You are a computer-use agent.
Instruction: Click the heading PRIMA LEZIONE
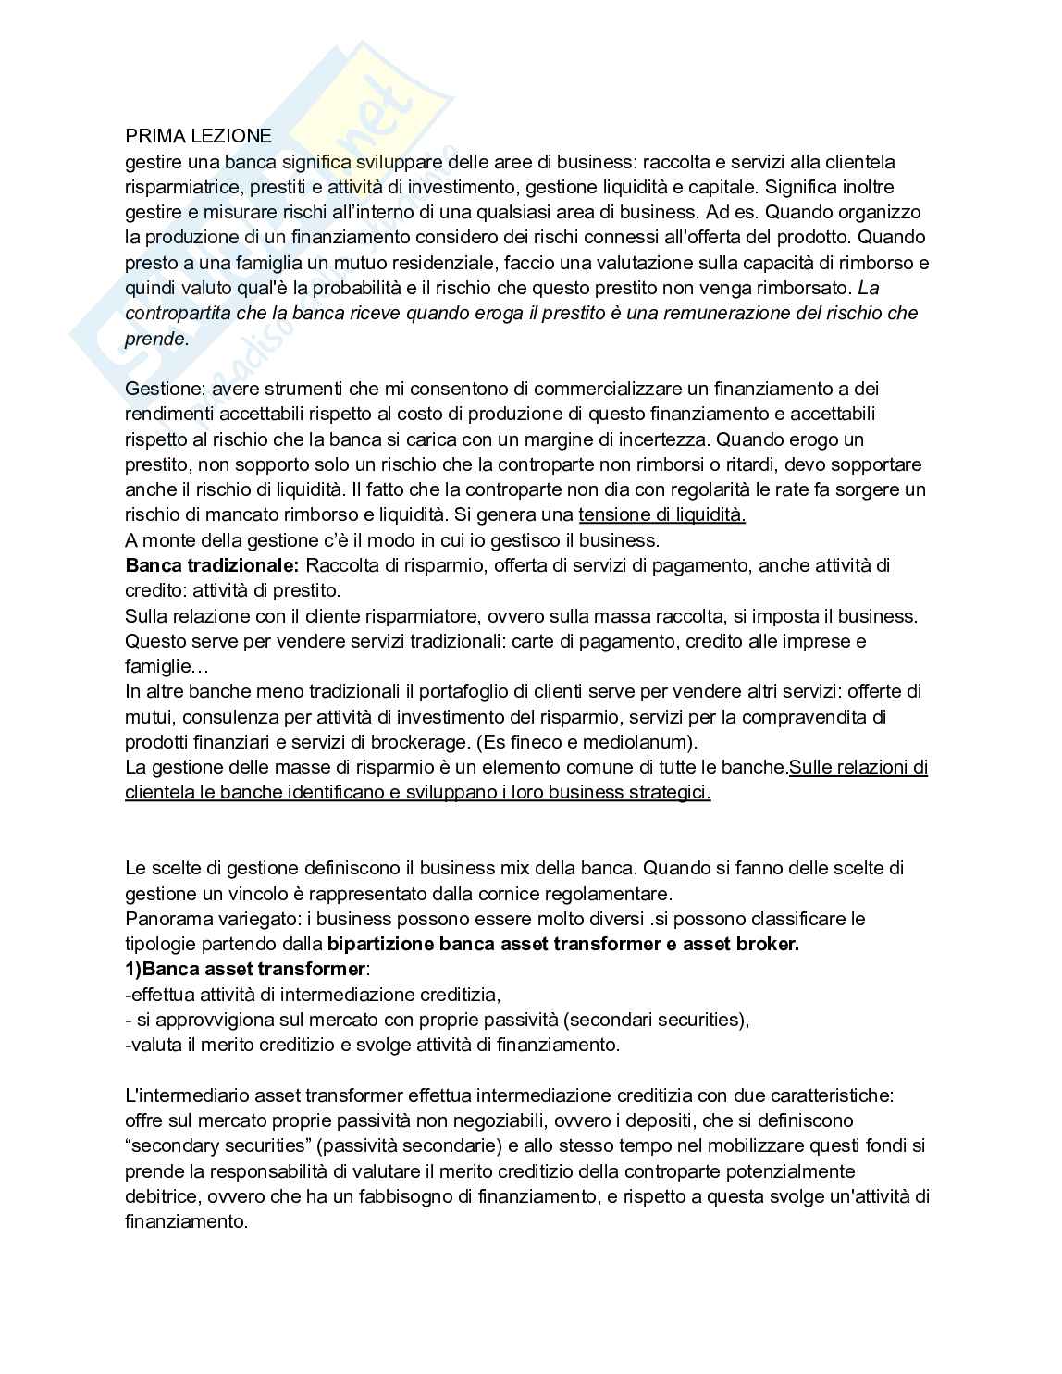pyautogui.click(x=198, y=136)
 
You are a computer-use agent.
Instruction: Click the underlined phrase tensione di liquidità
pyautogui.click(x=661, y=514)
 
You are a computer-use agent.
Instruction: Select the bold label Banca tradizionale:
pyautogui.click(x=212, y=565)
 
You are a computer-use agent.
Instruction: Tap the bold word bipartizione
pyautogui.click(x=380, y=944)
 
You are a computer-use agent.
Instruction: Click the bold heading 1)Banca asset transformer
pyautogui.click(x=245, y=969)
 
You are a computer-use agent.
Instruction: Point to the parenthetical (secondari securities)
pyautogui.click(x=656, y=1020)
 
